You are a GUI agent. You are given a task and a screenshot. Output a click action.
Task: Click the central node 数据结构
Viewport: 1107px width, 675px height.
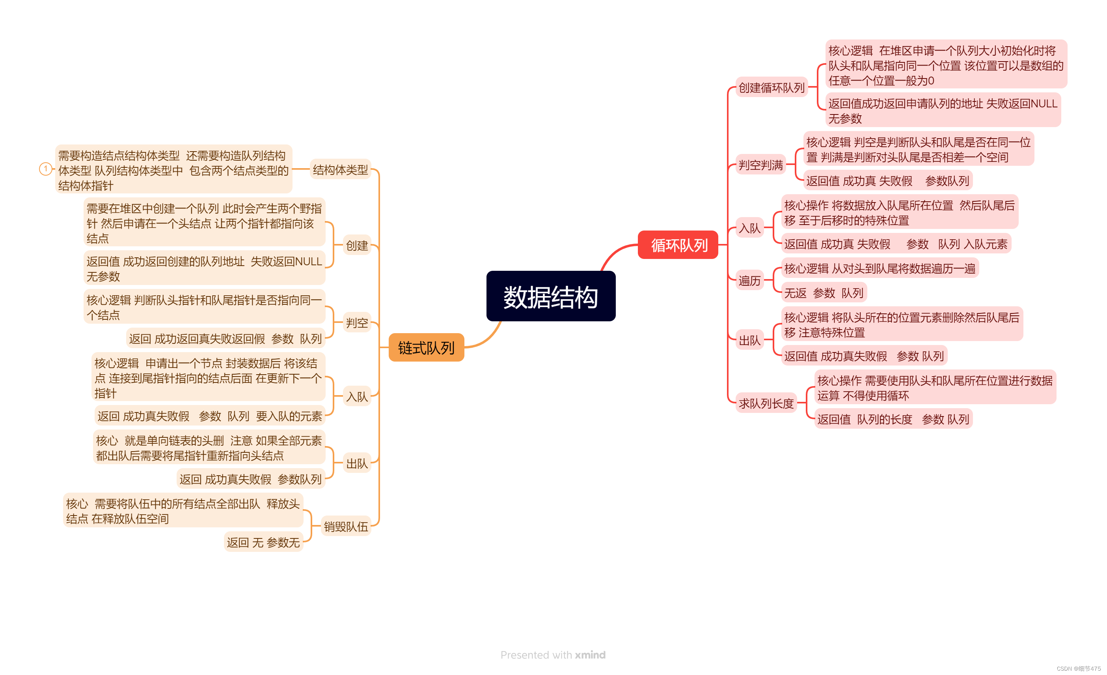[550, 296]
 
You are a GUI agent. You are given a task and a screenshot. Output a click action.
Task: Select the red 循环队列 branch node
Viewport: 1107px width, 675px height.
[678, 245]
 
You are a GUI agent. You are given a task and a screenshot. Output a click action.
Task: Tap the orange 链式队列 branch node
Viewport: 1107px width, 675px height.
[426, 348]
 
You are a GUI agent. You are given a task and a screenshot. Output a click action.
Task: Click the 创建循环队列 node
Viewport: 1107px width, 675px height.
[771, 88]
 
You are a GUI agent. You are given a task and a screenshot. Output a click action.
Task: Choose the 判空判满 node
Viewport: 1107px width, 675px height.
[760, 165]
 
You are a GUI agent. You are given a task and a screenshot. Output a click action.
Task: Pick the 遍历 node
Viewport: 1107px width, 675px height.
[749, 281]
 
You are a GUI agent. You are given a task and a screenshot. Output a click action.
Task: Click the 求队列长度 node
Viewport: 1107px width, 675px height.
[766, 403]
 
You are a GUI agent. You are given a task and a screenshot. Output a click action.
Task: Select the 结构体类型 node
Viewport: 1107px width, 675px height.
[340, 170]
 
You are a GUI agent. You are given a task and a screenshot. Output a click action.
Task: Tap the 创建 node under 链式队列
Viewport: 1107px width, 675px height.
[357, 246]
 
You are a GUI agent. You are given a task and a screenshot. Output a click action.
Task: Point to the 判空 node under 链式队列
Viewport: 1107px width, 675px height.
[357, 322]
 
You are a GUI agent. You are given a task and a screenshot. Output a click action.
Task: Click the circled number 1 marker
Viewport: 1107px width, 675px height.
[45, 169]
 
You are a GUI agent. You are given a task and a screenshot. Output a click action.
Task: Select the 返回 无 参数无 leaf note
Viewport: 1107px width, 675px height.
[263, 542]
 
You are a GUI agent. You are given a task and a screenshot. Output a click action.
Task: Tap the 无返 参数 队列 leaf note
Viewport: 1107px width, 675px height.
[824, 293]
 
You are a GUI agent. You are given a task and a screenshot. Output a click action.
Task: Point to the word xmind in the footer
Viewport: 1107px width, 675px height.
[590, 655]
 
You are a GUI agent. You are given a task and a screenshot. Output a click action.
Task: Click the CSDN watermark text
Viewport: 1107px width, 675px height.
[1078, 669]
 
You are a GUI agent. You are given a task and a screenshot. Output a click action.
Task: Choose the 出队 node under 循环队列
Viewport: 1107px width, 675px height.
[749, 340]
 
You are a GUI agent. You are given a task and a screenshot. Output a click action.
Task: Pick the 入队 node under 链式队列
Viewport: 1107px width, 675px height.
[357, 397]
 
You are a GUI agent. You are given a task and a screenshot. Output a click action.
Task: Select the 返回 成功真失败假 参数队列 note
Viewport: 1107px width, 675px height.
[250, 479]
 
